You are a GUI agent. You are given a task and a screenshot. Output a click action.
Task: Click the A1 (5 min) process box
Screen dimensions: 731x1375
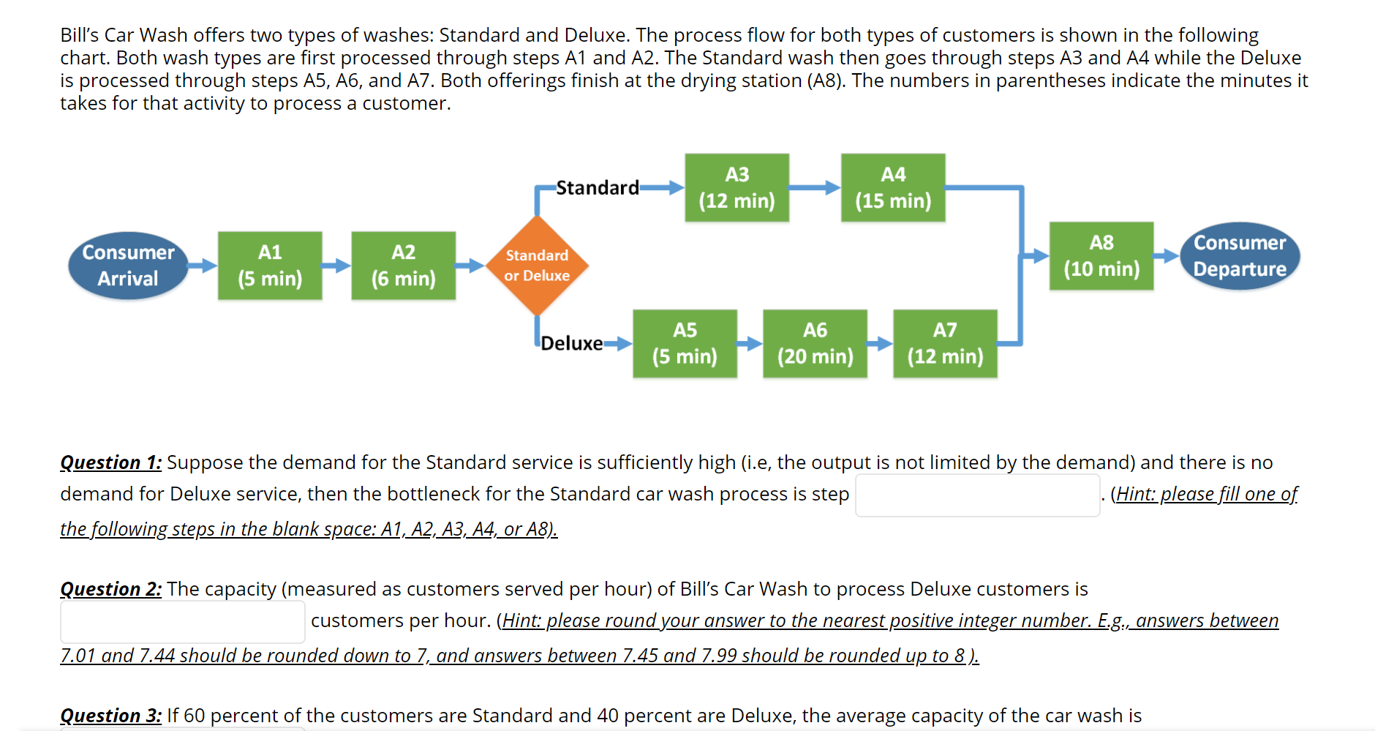(x=270, y=266)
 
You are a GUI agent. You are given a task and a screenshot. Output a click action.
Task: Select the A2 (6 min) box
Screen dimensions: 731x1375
(x=403, y=266)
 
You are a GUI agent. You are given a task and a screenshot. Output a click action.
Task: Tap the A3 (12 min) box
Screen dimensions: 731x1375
(x=737, y=187)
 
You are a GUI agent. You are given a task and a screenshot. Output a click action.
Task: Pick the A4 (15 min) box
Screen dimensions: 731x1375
(x=893, y=187)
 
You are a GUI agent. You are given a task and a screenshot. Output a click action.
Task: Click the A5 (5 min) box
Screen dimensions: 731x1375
(x=685, y=343)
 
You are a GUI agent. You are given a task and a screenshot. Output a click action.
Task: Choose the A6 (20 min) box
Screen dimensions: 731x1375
(x=815, y=343)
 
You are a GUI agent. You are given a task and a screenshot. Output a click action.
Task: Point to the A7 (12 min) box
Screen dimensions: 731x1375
(x=945, y=343)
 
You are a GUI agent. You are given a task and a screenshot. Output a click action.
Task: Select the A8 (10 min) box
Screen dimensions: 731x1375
(x=1101, y=256)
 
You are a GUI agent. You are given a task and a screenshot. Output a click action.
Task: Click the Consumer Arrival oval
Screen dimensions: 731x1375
(x=128, y=266)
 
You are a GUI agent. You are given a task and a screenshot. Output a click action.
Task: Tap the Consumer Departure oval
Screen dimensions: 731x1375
(x=1240, y=256)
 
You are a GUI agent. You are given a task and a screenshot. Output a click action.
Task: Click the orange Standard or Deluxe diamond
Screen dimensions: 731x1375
(x=537, y=266)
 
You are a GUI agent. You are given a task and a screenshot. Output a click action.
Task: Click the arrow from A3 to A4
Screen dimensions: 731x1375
(x=815, y=187)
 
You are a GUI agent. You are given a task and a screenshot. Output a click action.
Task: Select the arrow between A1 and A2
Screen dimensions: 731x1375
(x=336, y=266)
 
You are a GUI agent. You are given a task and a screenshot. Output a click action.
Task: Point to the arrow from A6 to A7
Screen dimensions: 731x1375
(x=880, y=343)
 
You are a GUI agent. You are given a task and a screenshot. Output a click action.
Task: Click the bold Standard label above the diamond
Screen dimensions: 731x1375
(x=597, y=188)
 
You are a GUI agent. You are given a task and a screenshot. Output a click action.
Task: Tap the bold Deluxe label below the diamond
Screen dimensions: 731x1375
(x=571, y=343)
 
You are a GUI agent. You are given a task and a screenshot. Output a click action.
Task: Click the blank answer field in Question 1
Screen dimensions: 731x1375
(x=977, y=495)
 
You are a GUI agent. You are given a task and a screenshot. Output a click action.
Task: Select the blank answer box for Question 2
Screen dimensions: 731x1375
(x=182, y=622)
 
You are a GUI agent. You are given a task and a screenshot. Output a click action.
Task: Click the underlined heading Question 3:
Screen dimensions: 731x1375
(x=110, y=716)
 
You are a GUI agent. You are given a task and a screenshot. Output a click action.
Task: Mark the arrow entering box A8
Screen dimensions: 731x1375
(x=1036, y=256)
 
